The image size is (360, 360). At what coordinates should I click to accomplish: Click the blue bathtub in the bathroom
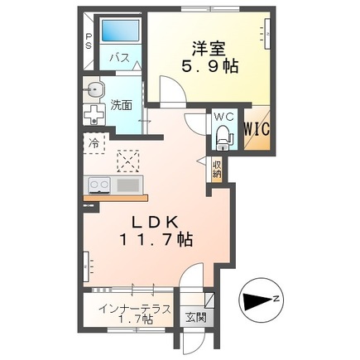(x=120, y=31)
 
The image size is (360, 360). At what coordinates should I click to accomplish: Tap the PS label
(x=89, y=41)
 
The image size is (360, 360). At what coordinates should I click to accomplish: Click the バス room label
(x=119, y=58)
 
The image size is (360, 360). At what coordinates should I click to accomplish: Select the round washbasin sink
(x=94, y=89)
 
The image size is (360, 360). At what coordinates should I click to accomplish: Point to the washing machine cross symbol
(x=94, y=115)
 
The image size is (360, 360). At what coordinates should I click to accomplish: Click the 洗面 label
(x=121, y=105)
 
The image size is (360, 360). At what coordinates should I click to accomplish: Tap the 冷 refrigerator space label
(x=94, y=143)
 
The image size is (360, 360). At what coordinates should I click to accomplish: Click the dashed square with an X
(x=127, y=161)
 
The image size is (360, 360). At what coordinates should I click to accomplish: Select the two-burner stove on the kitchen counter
(x=99, y=185)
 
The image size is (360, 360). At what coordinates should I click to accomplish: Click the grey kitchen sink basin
(x=128, y=185)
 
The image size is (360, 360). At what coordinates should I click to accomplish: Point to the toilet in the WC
(x=225, y=137)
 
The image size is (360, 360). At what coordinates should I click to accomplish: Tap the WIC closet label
(x=257, y=129)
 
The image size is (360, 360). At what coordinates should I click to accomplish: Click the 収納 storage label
(x=217, y=170)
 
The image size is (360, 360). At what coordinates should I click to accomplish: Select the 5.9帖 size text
(x=209, y=66)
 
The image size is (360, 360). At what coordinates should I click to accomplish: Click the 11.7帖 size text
(x=156, y=239)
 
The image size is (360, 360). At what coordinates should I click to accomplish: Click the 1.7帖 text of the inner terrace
(x=135, y=319)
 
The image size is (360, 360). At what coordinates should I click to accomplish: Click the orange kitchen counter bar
(x=116, y=198)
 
